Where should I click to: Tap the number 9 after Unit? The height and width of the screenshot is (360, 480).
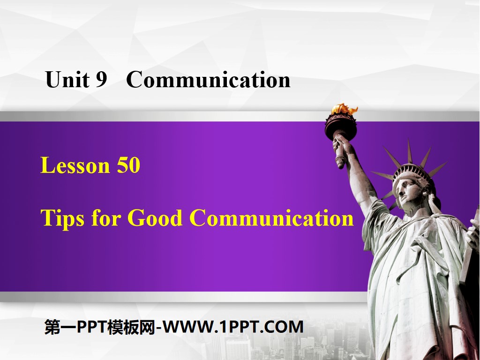coord(102,80)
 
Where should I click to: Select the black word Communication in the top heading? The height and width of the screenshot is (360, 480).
coord(208,80)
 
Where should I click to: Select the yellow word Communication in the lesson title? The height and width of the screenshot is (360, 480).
coord(271,218)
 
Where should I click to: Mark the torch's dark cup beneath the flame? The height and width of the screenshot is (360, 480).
coord(341,124)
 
